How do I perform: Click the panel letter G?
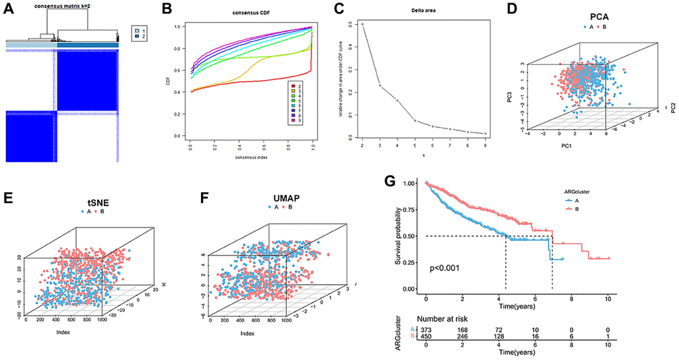(x=392, y=181)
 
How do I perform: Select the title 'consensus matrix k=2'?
(x=65, y=7)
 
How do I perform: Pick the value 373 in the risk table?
(x=426, y=329)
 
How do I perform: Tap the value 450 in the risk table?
(x=426, y=338)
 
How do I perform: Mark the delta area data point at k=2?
(x=362, y=24)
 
